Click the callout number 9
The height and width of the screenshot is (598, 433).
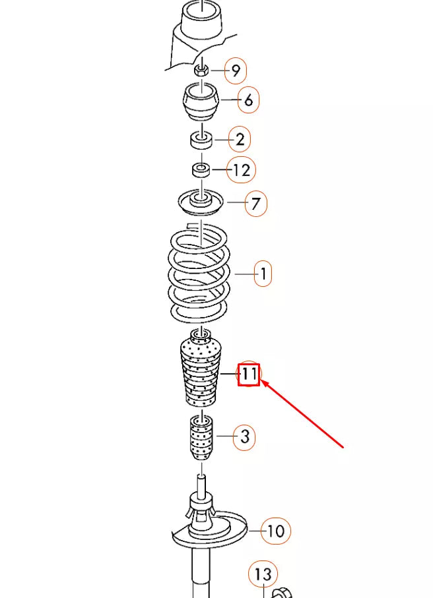[236, 71]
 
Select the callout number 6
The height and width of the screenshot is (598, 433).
[248, 101]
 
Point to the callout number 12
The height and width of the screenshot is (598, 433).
[242, 170]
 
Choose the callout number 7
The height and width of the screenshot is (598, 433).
[256, 204]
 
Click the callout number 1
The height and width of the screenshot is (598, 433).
[263, 273]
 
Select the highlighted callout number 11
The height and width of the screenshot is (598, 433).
[249, 375]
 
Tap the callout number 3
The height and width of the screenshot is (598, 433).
[245, 436]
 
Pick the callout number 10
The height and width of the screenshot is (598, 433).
[276, 531]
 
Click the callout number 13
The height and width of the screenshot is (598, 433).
[263, 574]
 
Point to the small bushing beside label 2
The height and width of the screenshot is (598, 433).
[201, 140]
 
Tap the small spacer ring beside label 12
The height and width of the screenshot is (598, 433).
[201, 170]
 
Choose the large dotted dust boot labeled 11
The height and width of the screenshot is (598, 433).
[199, 373]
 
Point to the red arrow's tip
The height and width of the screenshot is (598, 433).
[262, 380]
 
